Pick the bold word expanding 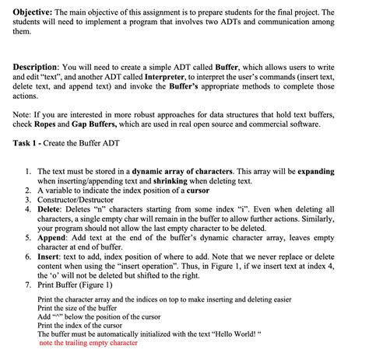click(333, 170)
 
